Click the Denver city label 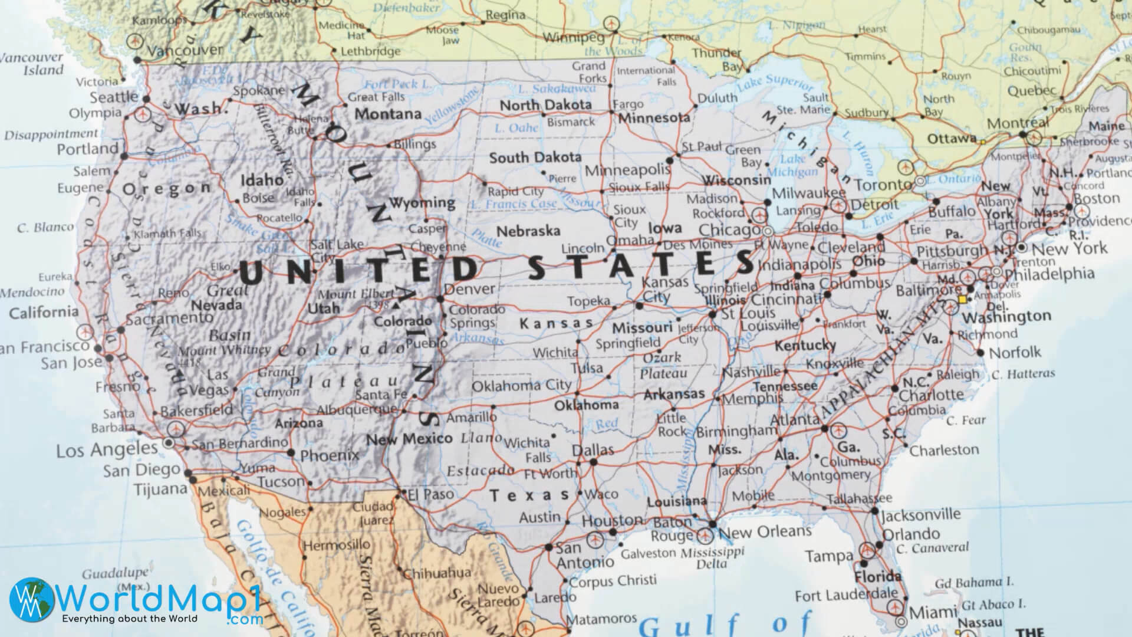click(469, 289)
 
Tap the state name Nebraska click(528, 231)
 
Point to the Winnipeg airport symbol click(611, 24)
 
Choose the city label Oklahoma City click(522, 386)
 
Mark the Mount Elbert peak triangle click(394, 306)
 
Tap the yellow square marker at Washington click(963, 300)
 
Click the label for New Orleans click(765, 532)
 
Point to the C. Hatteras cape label click(1024, 374)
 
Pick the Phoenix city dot click(290, 453)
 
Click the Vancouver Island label click(32, 64)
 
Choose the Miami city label click(932, 611)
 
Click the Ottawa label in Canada click(952, 139)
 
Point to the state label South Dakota click(535, 157)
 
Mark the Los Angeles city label click(107, 451)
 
